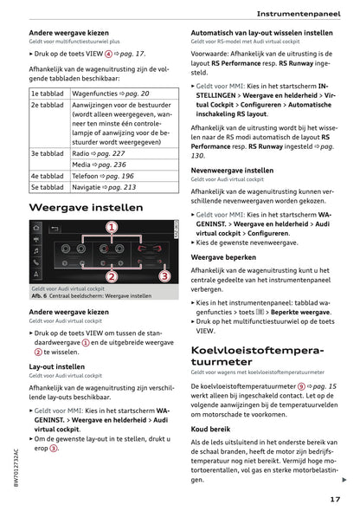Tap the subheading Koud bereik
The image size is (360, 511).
point(210,428)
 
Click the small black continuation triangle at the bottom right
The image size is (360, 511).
point(344,479)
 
